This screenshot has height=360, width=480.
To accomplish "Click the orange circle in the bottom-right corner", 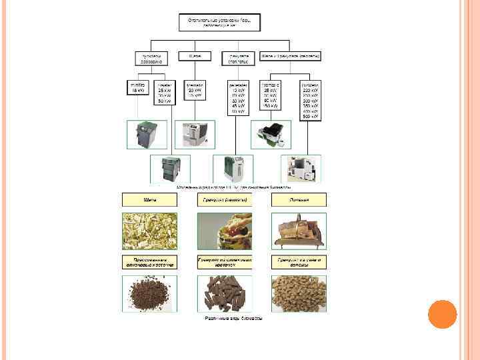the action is (x=442, y=314).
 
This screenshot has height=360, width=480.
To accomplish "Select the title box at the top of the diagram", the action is (x=219, y=22).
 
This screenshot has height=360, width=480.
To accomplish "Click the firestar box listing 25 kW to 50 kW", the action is (x=164, y=94).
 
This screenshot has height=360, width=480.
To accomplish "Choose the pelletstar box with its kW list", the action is (x=237, y=97).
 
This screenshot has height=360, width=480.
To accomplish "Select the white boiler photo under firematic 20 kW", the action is (x=195, y=135).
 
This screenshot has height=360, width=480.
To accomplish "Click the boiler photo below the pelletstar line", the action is (x=233, y=169).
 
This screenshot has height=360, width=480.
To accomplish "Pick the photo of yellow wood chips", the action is (x=149, y=231).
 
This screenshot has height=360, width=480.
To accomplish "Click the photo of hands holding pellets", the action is (x=225, y=231).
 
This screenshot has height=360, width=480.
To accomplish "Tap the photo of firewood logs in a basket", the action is (x=299, y=231).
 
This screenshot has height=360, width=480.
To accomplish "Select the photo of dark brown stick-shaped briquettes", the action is (x=225, y=293).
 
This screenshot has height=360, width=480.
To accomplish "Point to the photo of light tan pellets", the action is (x=299, y=293).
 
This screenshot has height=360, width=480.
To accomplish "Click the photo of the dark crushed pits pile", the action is (x=149, y=293).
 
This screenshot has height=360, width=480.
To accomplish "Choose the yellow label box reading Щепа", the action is (x=149, y=199).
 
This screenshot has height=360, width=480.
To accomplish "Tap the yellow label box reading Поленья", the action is (x=299, y=199).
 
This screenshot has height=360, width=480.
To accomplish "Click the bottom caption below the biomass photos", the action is (x=233, y=318).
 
